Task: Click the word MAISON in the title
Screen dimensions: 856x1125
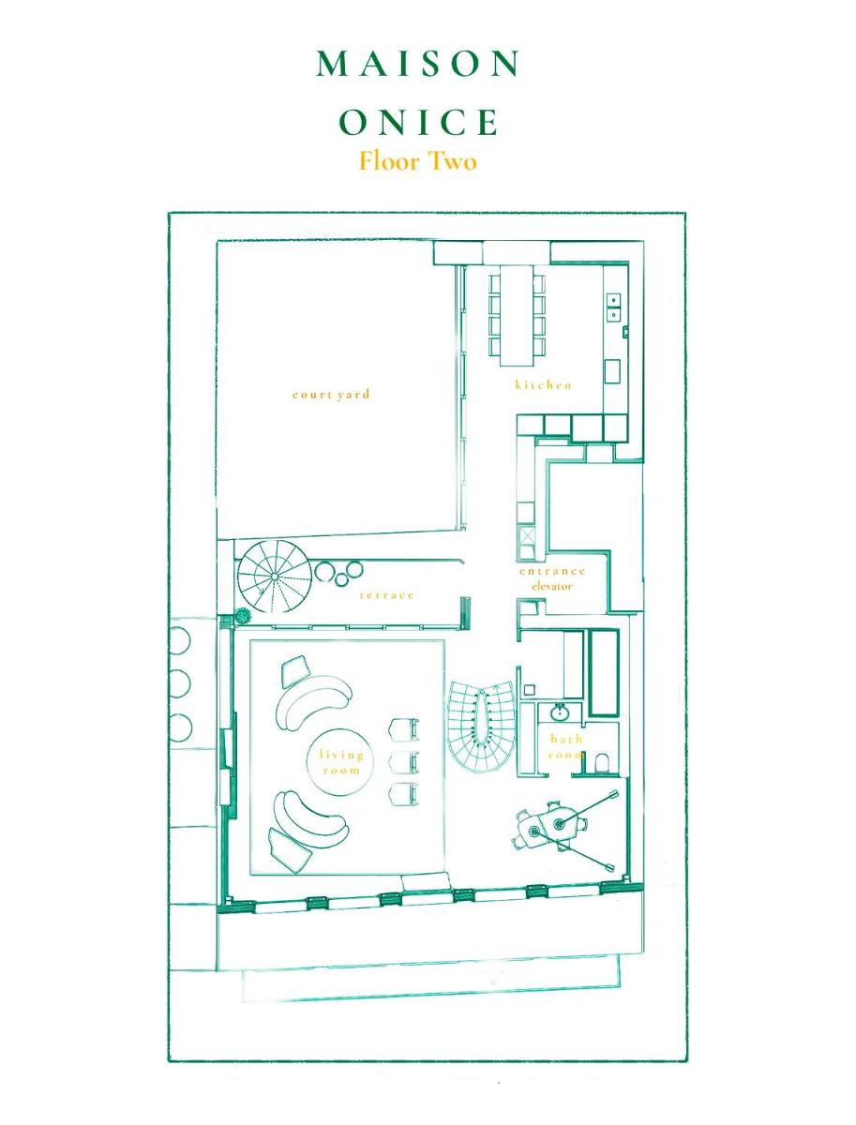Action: pyautogui.click(x=418, y=64)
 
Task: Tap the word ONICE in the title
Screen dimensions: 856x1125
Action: pyautogui.click(x=418, y=122)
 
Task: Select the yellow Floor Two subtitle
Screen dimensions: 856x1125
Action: pyautogui.click(x=418, y=160)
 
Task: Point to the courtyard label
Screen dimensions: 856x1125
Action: pyautogui.click(x=331, y=395)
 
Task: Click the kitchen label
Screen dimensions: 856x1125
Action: pyautogui.click(x=544, y=384)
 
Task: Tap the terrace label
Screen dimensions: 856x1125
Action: pyautogui.click(x=386, y=595)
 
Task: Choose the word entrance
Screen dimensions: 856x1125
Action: pyautogui.click(x=552, y=571)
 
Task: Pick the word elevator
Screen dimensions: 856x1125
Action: pyautogui.click(x=551, y=586)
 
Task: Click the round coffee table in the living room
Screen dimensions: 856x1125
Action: pyautogui.click(x=339, y=761)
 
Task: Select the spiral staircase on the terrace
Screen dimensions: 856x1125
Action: pyautogui.click(x=274, y=577)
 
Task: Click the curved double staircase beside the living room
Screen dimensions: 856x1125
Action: pyautogui.click(x=481, y=726)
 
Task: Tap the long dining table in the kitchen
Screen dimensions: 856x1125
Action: pyautogui.click(x=518, y=315)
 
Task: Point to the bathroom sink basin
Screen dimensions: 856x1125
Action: pyautogui.click(x=559, y=712)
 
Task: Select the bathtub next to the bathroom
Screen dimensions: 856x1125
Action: pyautogui.click(x=603, y=672)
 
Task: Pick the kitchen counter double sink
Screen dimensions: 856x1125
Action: pyautogui.click(x=613, y=307)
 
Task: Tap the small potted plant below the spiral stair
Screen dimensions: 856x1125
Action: pyautogui.click(x=243, y=615)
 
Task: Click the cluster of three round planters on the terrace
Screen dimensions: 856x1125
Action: pyautogui.click(x=338, y=573)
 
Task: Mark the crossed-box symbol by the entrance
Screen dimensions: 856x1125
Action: pyautogui.click(x=526, y=536)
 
